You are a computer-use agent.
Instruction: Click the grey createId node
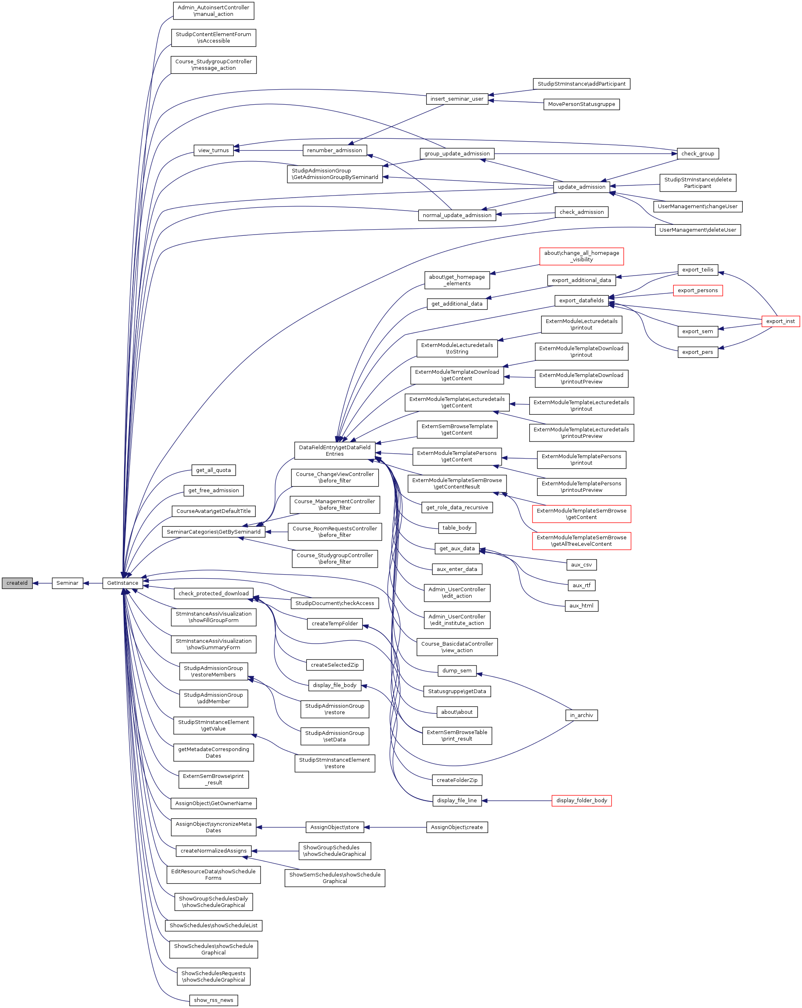coord(17,583)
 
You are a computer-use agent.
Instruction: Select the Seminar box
coord(67,583)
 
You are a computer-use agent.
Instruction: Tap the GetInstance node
coord(123,583)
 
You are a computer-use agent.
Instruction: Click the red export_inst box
coord(780,321)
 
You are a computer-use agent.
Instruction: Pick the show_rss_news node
coord(214,1000)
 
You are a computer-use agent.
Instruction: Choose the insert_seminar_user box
coord(457,99)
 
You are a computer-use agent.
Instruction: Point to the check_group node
coord(698,153)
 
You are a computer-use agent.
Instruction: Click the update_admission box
coord(582,187)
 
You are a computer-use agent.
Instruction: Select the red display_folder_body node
coord(582,800)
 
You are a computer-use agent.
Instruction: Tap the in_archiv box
coord(582,715)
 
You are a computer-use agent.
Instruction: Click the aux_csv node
coord(582,565)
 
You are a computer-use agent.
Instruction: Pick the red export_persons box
coord(698,290)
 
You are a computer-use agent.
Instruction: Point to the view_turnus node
coord(214,150)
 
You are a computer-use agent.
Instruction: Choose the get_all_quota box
coord(214,470)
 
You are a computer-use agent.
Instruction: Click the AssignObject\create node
coord(457,827)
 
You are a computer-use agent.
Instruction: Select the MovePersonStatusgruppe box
coord(582,104)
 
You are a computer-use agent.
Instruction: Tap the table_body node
coord(457,528)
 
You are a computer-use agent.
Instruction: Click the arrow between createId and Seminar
coord(42,583)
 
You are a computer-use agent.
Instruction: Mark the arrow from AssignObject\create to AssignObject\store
coord(395,827)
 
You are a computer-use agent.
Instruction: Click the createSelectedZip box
coord(335,665)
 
